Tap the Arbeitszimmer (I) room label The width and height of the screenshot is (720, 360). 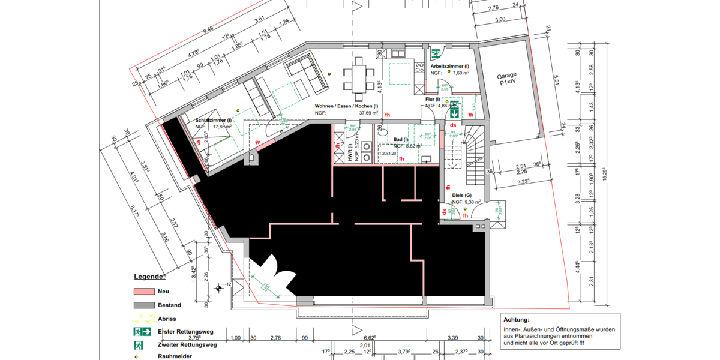[x=449, y=66]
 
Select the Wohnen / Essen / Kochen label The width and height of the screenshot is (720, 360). [x=346, y=105]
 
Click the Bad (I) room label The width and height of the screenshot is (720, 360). [x=401, y=139]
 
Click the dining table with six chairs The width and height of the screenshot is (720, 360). [x=358, y=79]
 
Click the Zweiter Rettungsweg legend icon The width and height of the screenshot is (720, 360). [x=139, y=345]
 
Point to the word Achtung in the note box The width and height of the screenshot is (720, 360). [x=517, y=320]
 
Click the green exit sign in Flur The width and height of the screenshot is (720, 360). [x=455, y=112]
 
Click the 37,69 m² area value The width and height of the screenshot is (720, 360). [x=368, y=112]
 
